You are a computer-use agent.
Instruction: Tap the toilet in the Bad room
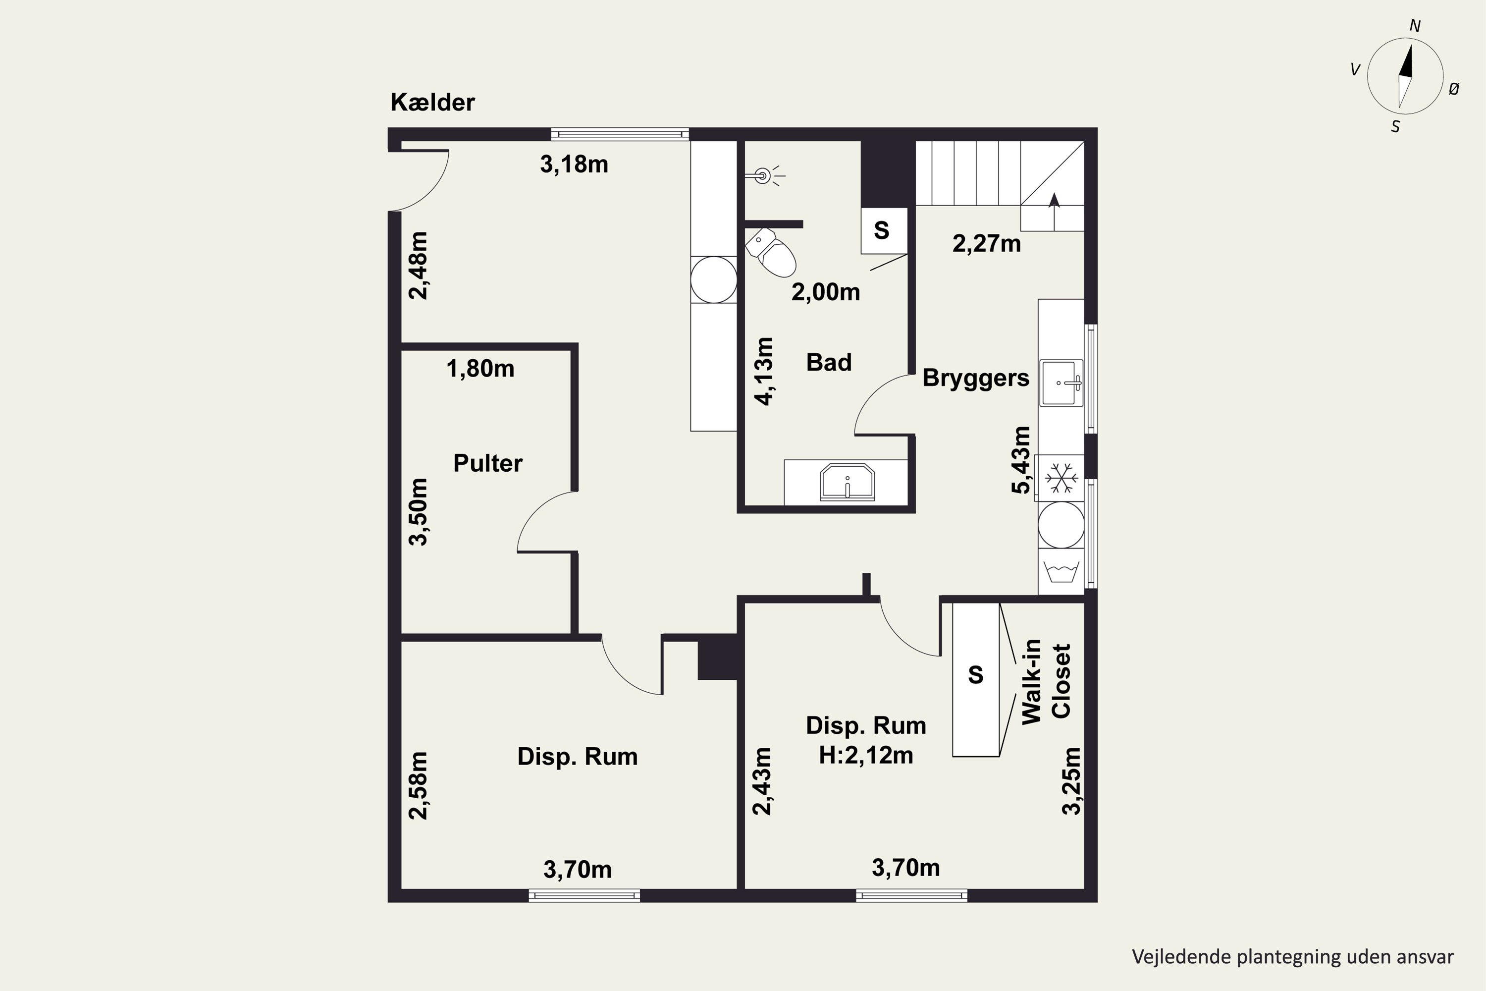[771, 253]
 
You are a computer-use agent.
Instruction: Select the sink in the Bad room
[847, 482]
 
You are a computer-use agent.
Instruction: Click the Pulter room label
[488, 463]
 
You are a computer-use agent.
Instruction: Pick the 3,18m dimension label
[574, 165]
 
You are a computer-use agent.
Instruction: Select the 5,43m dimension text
[1021, 460]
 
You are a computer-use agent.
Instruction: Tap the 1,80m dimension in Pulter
[480, 369]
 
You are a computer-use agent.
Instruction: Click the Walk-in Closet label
[1046, 681]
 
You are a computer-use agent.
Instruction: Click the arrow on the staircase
[1054, 212]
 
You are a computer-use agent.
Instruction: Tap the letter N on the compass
[1415, 26]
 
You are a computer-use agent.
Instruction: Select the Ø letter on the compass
[1454, 89]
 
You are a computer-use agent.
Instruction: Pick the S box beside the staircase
[884, 231]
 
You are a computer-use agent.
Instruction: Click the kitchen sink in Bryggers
[1061, 383]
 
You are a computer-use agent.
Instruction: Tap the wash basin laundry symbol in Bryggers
[1061, 572]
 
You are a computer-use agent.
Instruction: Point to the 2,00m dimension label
[826, 292]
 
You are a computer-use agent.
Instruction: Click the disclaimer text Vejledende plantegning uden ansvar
[1293, 957]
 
